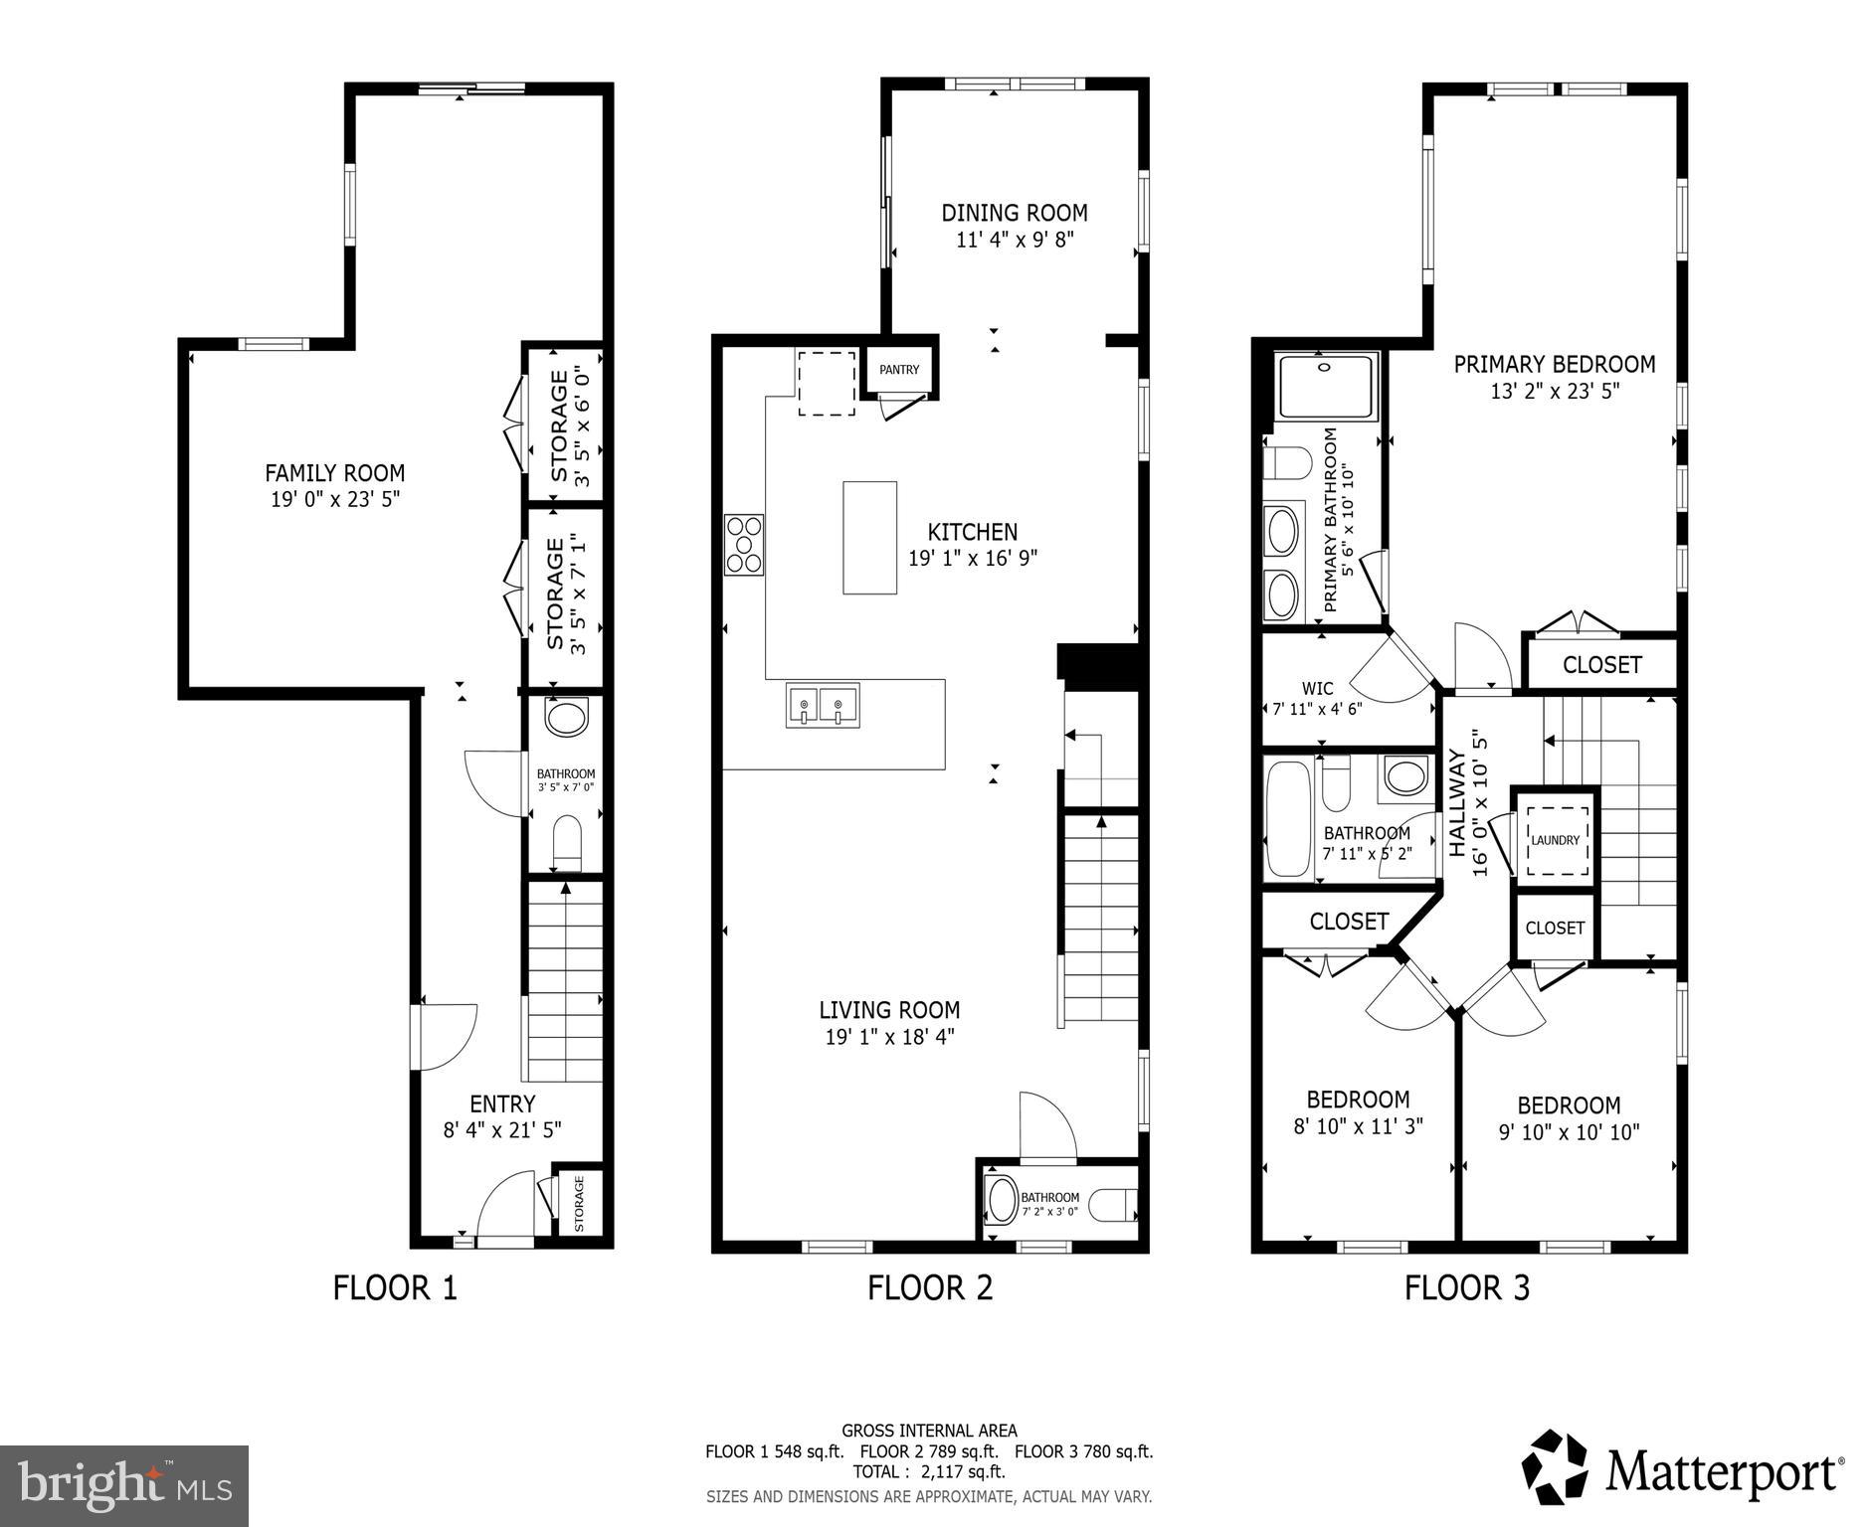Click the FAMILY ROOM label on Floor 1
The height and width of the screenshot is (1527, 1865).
pos(334,473)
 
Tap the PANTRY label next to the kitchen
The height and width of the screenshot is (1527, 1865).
pos(899,370)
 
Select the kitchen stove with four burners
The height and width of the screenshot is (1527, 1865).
pos(744,545)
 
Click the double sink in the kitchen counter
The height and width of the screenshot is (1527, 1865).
pos(822,705)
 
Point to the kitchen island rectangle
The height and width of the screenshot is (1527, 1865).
pos(869,538)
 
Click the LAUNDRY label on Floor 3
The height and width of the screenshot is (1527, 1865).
pos(1555,840)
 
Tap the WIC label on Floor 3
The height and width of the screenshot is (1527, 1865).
pos(1317,688)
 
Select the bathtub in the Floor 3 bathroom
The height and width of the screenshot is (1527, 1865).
pos(1288,819)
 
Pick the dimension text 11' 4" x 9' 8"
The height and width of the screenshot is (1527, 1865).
pos(1014,240)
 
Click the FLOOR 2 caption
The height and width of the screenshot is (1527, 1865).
pos(929,1288)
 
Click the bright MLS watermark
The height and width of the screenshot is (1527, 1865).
pos(124,1485)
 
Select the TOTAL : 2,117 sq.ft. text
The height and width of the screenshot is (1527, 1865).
pos(928,1471)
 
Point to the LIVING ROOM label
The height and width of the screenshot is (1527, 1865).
pos(889,1010)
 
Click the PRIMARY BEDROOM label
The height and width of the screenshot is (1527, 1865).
pos(1554,365)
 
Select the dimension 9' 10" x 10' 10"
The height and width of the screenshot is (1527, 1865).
pos(1569,1131)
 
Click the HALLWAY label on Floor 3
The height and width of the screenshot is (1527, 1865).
pos(1457,803)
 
